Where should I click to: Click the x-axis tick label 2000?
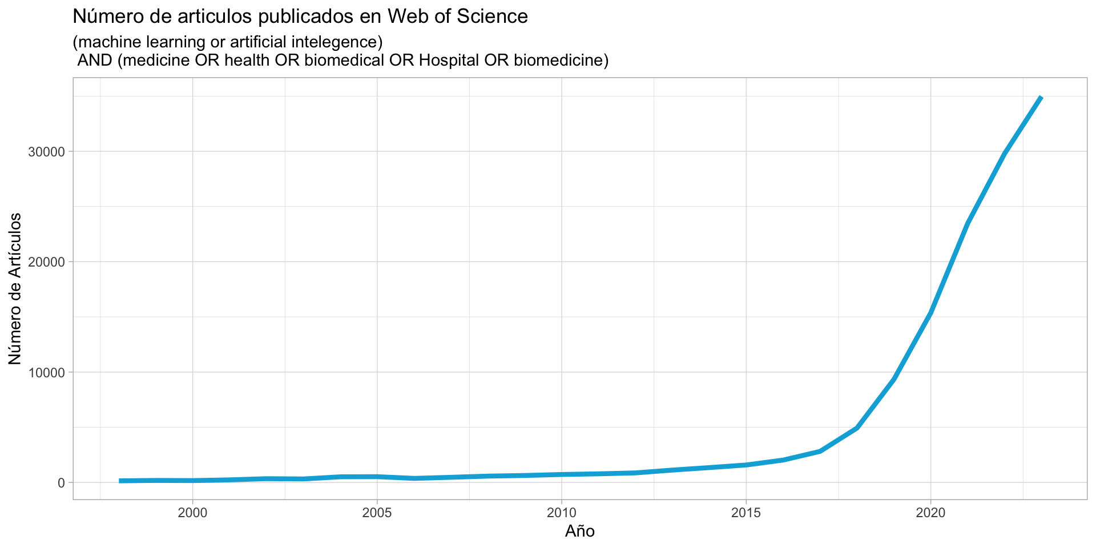(x=193, y=513)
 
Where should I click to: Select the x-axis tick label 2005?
(x=377, y=513)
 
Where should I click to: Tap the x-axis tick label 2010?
(x=562, y=513)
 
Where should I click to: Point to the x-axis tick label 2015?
(x=746, y=513)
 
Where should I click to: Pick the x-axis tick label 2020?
(x=930, y=513)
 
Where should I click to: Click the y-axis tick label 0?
(x=61, y=483)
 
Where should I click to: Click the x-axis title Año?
(x=580, y=531)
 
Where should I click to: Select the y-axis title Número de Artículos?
(x=15, y=288)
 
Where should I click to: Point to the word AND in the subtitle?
(x=95, y=60)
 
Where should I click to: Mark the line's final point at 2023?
(x=1041, y=98)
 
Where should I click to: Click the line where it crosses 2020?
(x=930, y=312)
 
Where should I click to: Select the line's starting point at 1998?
(x=119, y=481)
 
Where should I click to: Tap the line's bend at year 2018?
(x=857, y=428)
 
